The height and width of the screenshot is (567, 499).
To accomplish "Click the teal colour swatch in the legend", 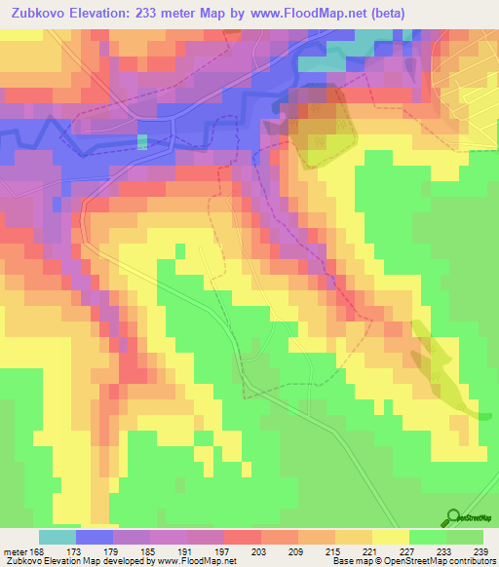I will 58,537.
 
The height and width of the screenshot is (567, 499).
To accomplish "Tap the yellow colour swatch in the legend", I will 391,537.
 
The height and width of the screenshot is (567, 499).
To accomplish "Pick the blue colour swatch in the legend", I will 95,537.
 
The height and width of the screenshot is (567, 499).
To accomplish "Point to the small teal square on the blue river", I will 143,141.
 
